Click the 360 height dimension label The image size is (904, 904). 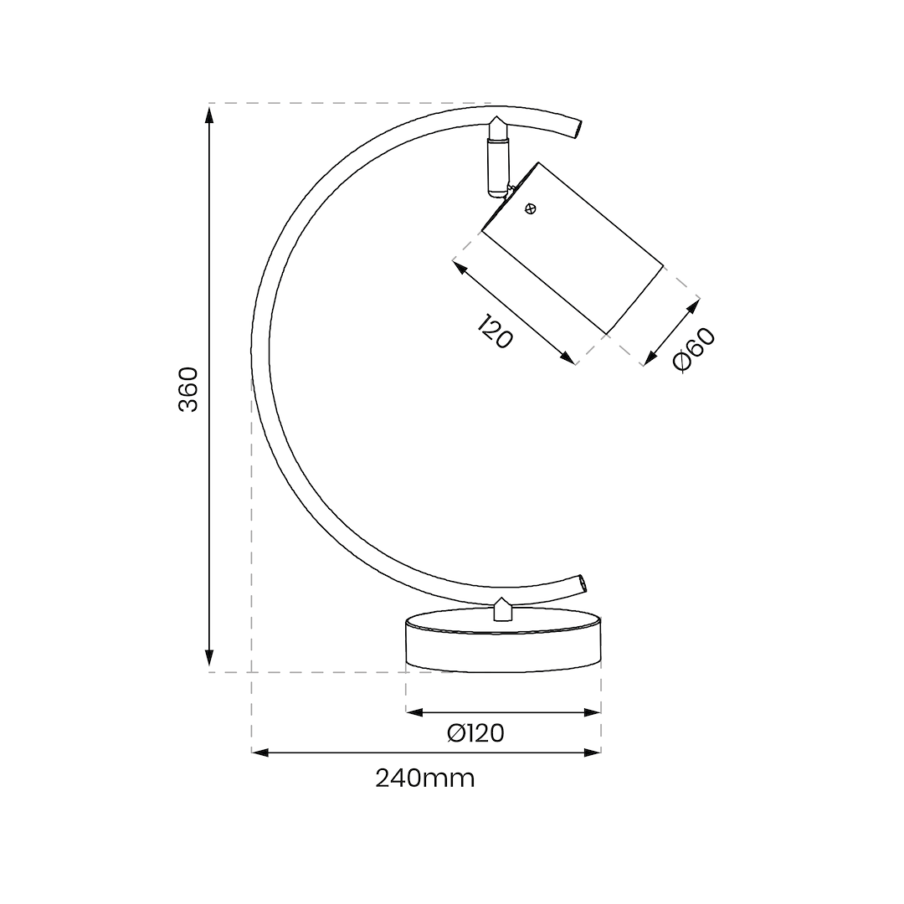tap(188, 389)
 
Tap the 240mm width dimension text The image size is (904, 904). tap(425, 778)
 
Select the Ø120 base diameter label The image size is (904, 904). tap(475, 733)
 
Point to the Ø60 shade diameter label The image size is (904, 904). tap(694, 349)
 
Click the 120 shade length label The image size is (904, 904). tap(495, 331)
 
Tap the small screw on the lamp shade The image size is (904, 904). tap(531, 209)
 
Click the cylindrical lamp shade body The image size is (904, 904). tap(573, 249)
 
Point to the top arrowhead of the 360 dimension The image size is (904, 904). tap(209, 115)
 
